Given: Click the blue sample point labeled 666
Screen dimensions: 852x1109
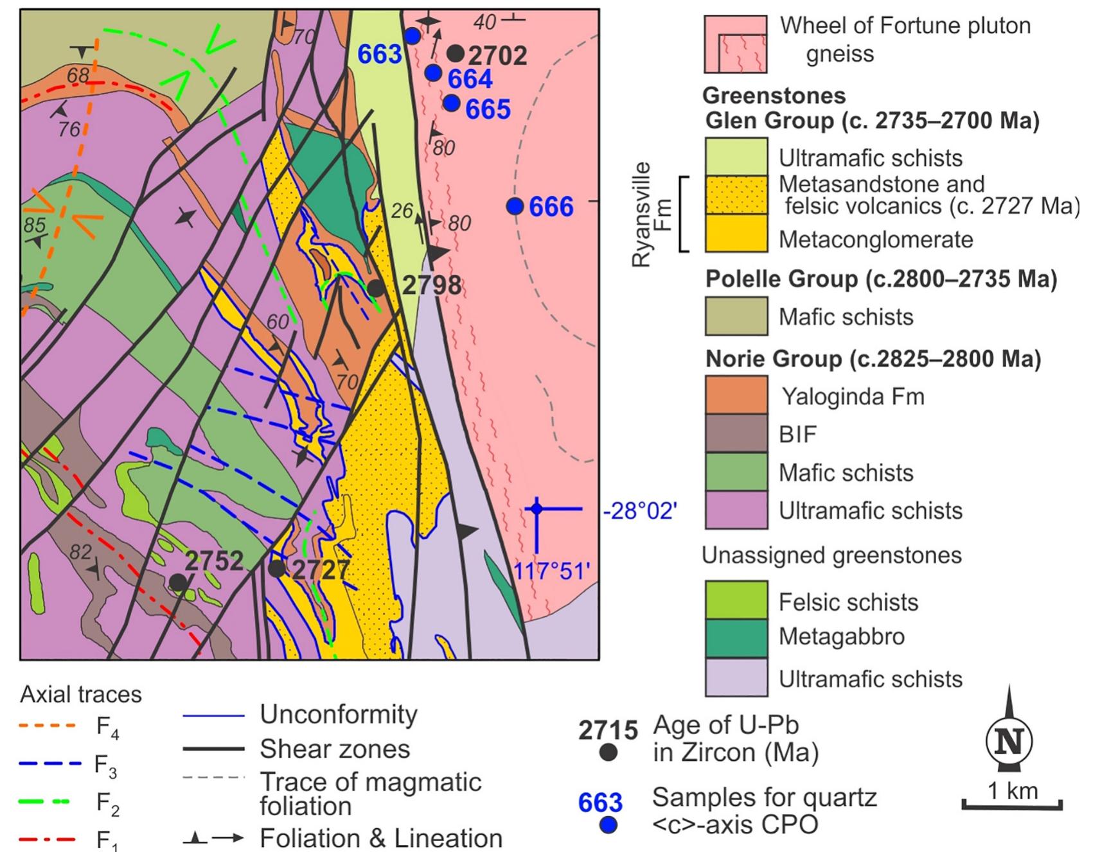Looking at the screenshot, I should pos(515,206).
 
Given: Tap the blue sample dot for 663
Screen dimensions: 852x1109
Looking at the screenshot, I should pos(412,36).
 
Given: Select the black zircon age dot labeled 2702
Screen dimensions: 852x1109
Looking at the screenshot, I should pos(456,53).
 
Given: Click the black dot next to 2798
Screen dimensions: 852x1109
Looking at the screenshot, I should pos(376,288).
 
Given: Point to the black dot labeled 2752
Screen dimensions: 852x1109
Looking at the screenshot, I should pos(178,582).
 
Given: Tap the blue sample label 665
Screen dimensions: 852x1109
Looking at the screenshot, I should pos(488,110).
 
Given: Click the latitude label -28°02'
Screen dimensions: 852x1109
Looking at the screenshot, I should pos(640,511).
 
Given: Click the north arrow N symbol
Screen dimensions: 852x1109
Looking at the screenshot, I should pos(1008,741).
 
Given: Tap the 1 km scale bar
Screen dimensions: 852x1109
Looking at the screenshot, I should pos(1012,804).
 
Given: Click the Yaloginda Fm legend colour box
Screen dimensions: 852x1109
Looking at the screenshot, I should pos(736,395).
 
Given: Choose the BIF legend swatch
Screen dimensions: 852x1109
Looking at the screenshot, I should pos(736,433).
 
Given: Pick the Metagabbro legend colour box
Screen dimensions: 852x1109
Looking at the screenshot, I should pos(736,638).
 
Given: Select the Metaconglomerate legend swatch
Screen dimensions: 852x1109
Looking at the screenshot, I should pos(736,232).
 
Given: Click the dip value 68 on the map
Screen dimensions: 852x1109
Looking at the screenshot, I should pos(78,76).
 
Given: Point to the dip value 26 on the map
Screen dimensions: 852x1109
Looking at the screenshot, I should pos(402,211).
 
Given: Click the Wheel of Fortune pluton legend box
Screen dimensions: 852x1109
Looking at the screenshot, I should pos(736,44).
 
